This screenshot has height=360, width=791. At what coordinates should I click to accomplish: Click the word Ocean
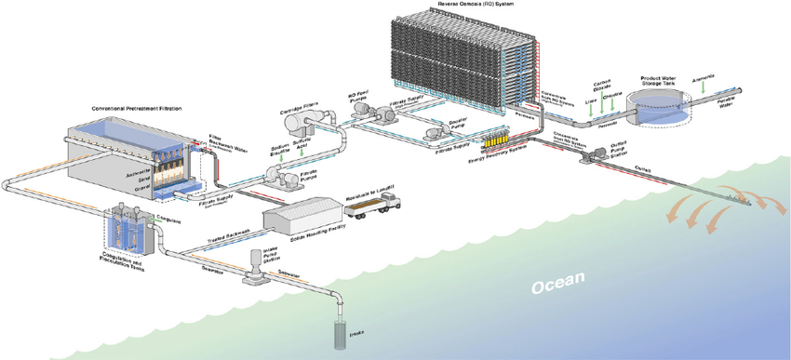559,280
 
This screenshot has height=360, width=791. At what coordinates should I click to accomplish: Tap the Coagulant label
168,220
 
